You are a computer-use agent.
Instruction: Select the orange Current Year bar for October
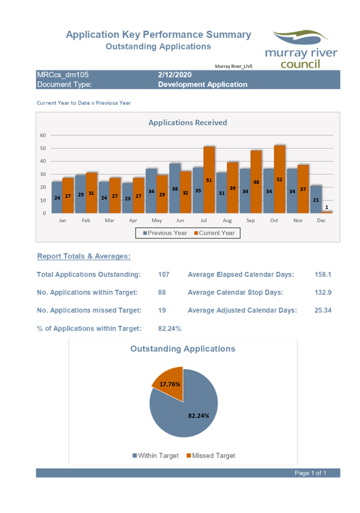point(280,179)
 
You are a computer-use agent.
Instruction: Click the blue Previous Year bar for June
point(175,188)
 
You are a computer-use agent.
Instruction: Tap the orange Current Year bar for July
point(209,179)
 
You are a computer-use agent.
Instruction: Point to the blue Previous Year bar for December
point(316,199)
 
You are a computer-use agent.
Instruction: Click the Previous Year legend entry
point(165,233)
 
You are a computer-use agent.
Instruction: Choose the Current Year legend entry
point(214,233)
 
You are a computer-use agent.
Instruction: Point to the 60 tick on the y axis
point(43,135)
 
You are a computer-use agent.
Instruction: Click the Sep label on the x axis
point(251,220)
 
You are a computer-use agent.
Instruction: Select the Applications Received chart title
point(188,122)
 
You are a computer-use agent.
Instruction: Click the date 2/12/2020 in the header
point(175,75)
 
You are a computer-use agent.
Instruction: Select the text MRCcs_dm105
point(63,75)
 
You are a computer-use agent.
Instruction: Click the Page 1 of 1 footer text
point(310,473)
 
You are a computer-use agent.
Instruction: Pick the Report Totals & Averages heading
point(83,256)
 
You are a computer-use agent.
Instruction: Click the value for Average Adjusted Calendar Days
point(323,310)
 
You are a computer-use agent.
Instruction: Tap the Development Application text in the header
point(202,84)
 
